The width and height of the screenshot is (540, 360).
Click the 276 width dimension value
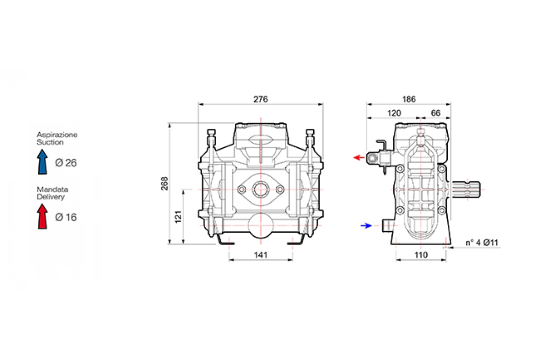(261, 99)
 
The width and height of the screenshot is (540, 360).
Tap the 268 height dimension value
(165, 184)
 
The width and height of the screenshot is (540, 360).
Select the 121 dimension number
(178, 217)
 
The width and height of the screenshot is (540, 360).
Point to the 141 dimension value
(261, 255)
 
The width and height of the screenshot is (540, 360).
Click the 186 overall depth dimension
(409, 99)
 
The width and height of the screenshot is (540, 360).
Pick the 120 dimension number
(394, 113)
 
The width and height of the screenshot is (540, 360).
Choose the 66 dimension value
(436, 113)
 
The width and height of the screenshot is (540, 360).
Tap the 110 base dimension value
(421, 255)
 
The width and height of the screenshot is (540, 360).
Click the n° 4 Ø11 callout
(482, 243)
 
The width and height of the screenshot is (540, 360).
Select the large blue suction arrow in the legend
(42, 162)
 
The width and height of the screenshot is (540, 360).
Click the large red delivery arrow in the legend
(42, 216)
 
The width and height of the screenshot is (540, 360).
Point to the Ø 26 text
(66, 163)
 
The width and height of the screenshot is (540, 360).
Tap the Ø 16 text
(66, 217)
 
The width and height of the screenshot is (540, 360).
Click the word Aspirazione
(57, 135)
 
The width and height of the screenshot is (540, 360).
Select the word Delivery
(51, 197)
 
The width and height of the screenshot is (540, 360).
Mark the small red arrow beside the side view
(359, 157)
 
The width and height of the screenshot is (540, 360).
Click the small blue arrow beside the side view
(366, 226)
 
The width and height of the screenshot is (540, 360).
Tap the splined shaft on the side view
(465, 189)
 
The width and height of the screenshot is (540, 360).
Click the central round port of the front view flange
(261, 189)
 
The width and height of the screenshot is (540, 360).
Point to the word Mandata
(53, 189)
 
